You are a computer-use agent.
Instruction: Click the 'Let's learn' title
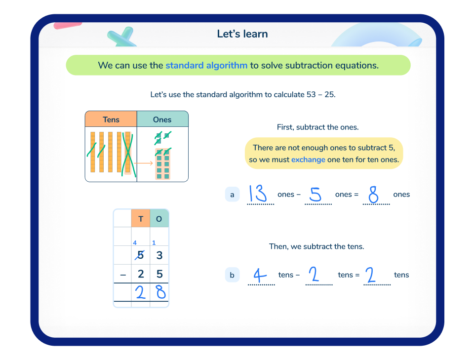[x=242, y=34]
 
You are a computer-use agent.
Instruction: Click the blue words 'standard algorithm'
[x=206, y=65]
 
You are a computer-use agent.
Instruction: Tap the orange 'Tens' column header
[x=111, y=120]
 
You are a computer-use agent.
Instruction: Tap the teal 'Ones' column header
[x=162, y=120]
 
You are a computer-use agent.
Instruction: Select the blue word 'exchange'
[x=308, y=160]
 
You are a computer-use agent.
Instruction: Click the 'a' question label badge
[x=232, y=195]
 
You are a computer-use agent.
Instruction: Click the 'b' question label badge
[x=232, y=275]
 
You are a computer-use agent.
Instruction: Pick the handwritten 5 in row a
[x=315, y=195]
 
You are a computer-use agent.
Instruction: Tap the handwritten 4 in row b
[x=259, y=275]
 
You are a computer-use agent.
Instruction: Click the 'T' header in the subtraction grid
[x=141, y=218]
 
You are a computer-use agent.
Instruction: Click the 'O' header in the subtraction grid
[x=159, y=218]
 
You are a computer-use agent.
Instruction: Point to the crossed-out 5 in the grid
[x=141, y=256]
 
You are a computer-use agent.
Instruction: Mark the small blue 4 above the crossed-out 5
[x=135, y=242]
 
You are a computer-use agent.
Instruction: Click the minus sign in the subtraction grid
[x=123, y=274]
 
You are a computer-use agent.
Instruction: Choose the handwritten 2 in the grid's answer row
[x=141, y=293]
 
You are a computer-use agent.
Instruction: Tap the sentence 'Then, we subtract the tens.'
[x=316, y=246]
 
